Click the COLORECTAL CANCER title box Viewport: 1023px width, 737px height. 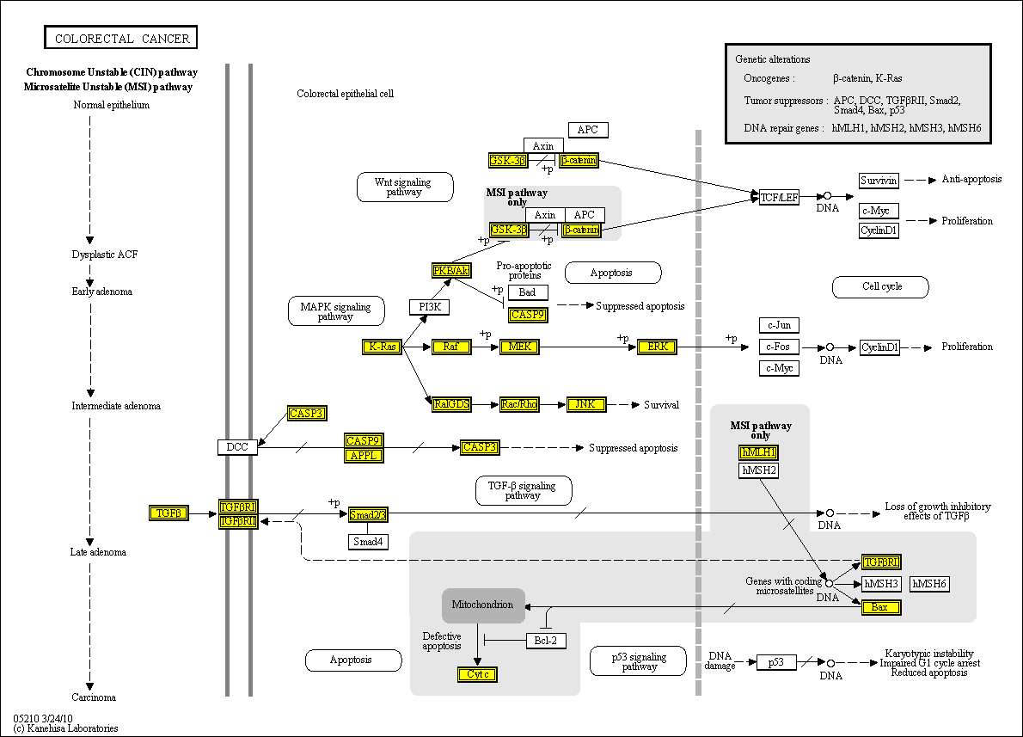coord(121,38)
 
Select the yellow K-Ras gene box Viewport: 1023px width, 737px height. coord(382,347)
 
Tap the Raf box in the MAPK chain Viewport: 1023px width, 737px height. coord(451,347)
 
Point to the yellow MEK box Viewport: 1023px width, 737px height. coord(519,347)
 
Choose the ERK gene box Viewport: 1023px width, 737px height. coord(658,347)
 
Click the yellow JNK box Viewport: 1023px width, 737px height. coord(586,404)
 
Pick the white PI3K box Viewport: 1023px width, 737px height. coord(429,307)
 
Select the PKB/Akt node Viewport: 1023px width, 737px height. coord(452,271)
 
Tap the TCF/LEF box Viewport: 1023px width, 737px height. coord(780,197)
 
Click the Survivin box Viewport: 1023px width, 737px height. coord(879,181)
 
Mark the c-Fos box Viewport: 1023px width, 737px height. coord(779,347)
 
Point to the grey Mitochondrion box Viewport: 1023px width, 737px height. coord(483,605)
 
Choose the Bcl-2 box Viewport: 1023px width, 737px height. coord(546,640)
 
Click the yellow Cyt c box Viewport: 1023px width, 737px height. coord(478,674)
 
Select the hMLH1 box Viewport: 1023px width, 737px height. coord(758,452)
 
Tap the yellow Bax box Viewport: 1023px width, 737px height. coord(881,607)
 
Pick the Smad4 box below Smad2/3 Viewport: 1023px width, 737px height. coord(369,542)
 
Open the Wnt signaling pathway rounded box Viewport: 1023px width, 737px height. coord(405,187)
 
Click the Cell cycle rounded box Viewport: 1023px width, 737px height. coord(880,286)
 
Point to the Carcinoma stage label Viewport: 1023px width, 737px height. coord(94,697)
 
